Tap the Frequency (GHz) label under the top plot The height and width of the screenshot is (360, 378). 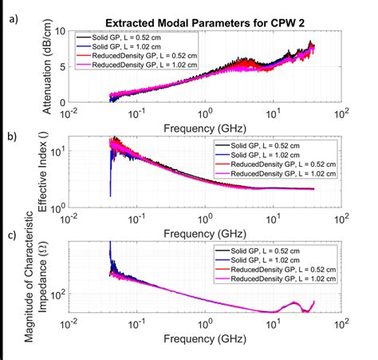point(206,125)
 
